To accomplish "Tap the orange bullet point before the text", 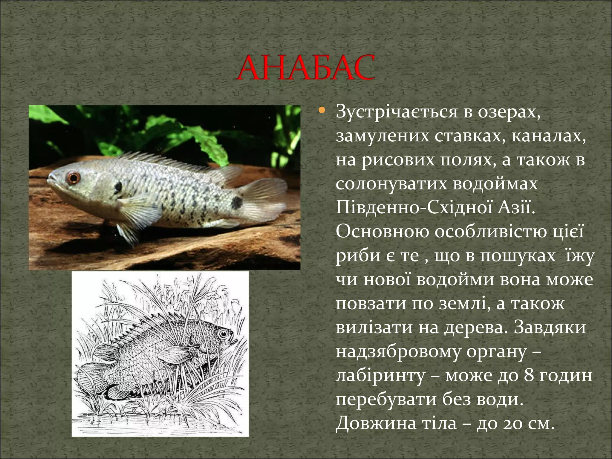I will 322,111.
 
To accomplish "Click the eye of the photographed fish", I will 73,178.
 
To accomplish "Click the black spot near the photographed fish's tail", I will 237,203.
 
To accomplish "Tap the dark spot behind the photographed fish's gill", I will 117,187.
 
